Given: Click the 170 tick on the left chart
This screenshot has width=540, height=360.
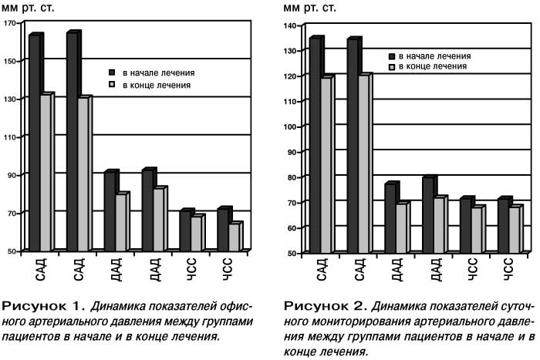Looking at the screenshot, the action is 10,23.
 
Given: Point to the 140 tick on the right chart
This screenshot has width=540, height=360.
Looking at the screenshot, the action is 290,25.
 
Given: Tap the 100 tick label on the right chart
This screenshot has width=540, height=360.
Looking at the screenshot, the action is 290,126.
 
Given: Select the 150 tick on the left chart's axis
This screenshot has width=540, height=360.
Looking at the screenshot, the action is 10,61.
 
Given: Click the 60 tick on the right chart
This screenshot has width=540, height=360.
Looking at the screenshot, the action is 292,228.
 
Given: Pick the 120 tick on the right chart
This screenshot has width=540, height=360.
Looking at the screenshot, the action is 290,76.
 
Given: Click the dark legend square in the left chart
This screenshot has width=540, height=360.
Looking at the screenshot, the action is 112,72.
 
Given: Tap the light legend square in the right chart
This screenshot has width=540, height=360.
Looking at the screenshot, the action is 392,67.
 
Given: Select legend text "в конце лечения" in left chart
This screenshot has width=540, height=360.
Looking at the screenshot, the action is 157,85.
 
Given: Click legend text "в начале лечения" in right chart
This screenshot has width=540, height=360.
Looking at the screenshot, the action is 434,56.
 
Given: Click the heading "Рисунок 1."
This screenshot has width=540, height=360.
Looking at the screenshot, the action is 43,305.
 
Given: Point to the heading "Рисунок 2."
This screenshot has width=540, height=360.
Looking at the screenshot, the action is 325,305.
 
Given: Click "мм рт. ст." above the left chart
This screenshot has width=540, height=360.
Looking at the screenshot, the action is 28,8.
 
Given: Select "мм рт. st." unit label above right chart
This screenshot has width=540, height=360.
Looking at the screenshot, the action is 309,8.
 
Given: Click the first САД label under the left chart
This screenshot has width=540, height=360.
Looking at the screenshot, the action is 41,271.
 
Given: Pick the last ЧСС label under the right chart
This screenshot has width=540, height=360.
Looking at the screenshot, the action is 508,269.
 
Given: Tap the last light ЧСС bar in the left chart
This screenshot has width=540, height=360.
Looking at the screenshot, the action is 235,237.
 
